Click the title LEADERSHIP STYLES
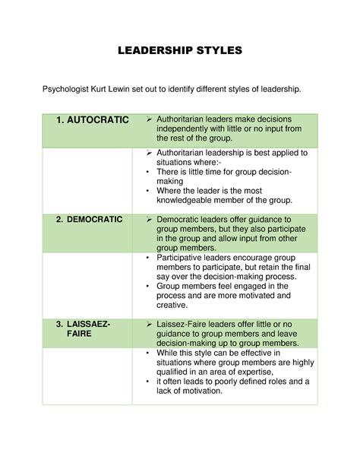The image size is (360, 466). [x=180, y=52]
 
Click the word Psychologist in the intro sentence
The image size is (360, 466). [x=67, y=90]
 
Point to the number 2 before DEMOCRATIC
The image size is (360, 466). [x=59, y=219]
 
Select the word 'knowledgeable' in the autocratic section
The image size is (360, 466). [x=191, y=200]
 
